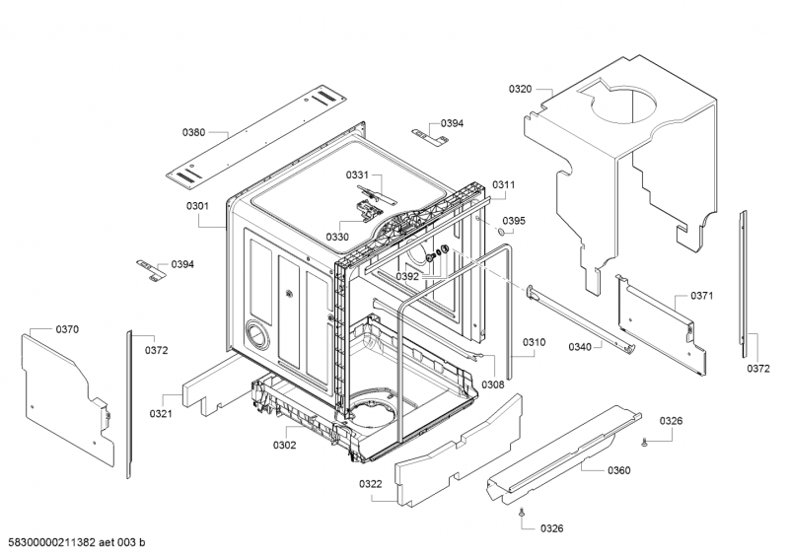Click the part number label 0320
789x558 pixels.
(520, 89)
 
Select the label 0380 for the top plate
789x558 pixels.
(193, 132)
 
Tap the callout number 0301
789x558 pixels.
(197, 206)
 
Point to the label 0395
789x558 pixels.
(514, 221)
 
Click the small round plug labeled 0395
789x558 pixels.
(501, 232)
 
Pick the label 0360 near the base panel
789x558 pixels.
(619, 470)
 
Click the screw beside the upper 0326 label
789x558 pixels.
(645, 442)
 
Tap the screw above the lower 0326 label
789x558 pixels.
(522, 513)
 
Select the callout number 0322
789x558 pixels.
(371, 484)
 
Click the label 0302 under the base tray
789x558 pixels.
(285, 445)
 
